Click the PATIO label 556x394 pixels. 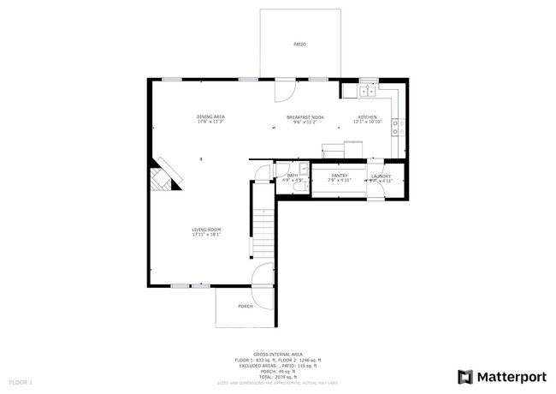(x=299, y=44)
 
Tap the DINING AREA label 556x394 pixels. (x=210, y=116)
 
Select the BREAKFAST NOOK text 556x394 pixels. (x=305, y=116)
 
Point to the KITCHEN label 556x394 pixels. (x=367, y=116)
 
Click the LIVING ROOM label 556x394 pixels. (x=206, y=230)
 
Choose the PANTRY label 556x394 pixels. (x=340, y=176)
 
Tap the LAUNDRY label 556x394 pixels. (x=381, y=176)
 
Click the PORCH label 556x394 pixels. (x=245, y=306)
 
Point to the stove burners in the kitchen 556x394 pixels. (x=397, y=128)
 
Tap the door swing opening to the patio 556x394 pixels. (x=284, y=89)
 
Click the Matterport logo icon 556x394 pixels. (x=464, y=376)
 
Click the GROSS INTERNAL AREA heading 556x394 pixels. (x=279, y=353)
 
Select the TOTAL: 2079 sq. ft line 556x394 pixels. (x=279, y=377)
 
